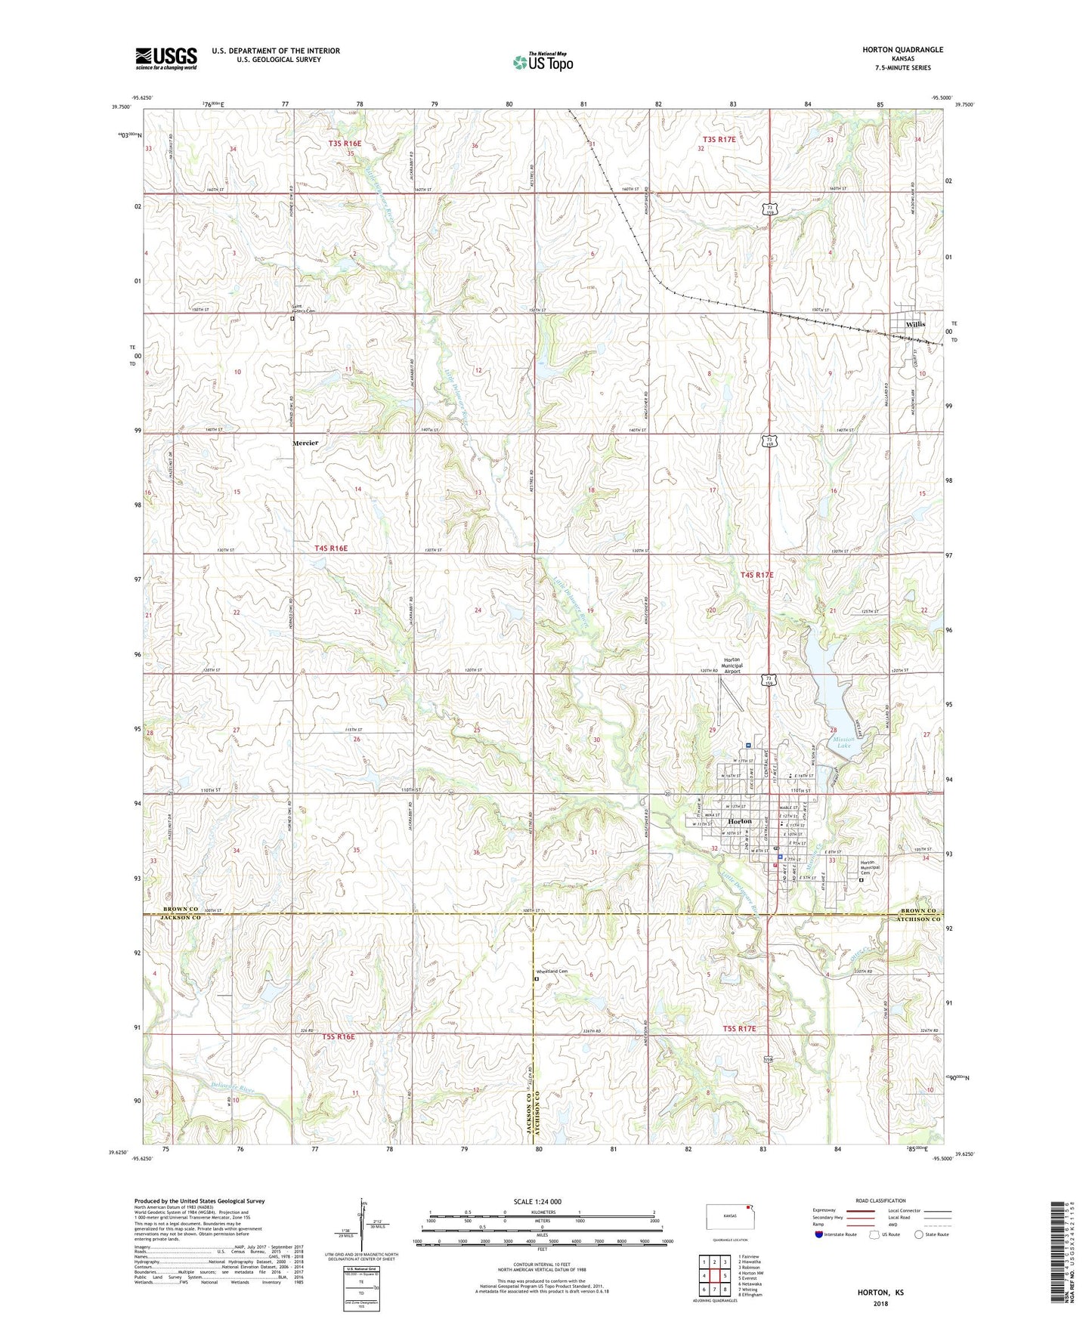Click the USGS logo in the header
166,58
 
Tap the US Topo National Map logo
543,62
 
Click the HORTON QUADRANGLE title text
902,50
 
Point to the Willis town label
915,324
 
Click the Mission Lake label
843,743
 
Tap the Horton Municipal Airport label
732,665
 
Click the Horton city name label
739,821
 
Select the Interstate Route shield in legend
819,1234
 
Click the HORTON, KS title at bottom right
880,1293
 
